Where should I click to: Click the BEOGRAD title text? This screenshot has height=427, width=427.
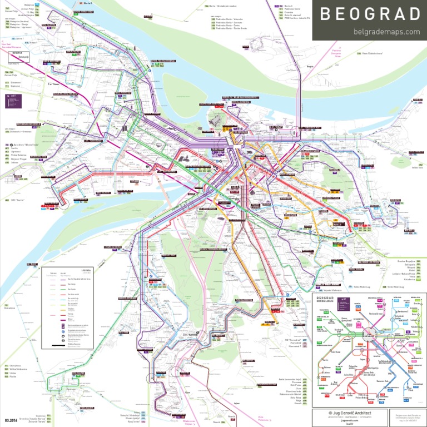click(370, 14)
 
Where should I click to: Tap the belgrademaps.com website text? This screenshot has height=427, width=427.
click(386, 31)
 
